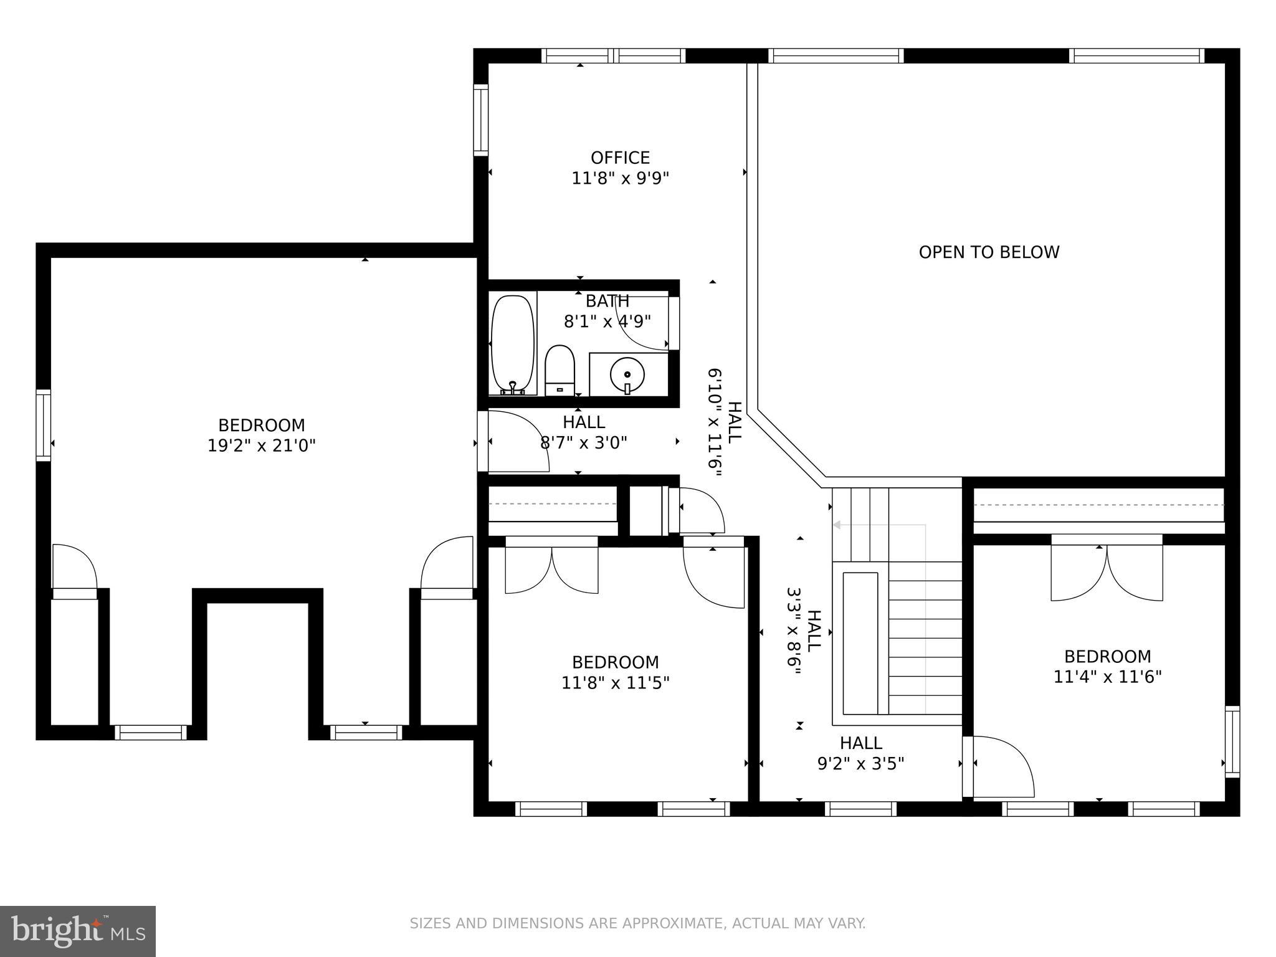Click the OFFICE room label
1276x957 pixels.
pyautogui.click(x=620, y=158)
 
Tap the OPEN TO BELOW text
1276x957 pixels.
pyautogui.click(x=989, y=252)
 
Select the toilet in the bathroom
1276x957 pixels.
pyautogui.click(x=559, y=371)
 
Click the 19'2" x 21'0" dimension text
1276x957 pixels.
pyautogui.click(x=262, y=446)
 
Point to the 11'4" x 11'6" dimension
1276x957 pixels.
pyautogui.click(x=1107, y=677)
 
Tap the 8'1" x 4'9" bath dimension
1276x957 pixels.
pyautogui.click(x=607, y=321)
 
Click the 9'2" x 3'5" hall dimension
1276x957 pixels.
pyautogui.click(x=860, y=763)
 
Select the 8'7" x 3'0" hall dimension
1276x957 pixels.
pyautogui.click(x=583, y=443)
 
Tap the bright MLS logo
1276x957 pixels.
pyautogui.click(x=77, y=931)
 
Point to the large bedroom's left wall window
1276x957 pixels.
pyautogui.click(x=43, y=425)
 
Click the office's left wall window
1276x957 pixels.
pyautogui.click(x=480, y=120)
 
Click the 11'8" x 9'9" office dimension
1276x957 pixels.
pyautogui.click(x=620, y=179)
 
